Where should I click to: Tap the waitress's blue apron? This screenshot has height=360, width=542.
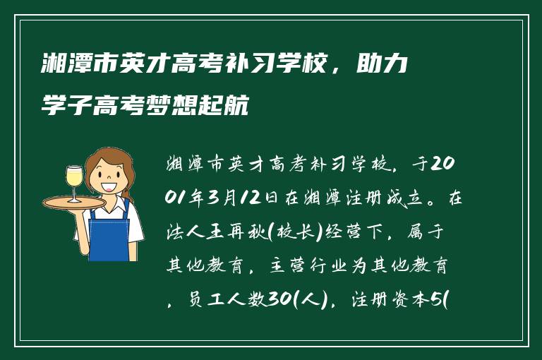tap(109, 234)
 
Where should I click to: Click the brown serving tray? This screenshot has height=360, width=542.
tap(73, 202)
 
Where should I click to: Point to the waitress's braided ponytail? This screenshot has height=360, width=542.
tap(128, 188)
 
